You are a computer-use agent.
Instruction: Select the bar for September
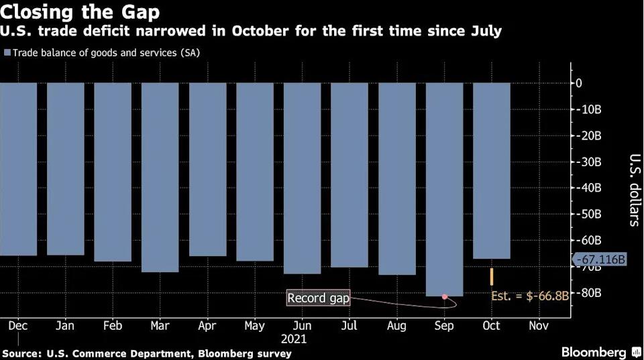coord(445,188)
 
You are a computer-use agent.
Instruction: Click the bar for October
coord(492,170)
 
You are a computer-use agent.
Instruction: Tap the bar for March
coord(160,177)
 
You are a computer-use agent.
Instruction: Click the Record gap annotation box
coord(319,298)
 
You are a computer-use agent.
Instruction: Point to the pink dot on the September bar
coord(445,296)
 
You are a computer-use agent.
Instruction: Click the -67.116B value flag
coord(599,259)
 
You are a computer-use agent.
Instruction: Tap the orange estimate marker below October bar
coord(492,276)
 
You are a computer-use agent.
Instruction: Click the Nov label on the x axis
coord(539,326)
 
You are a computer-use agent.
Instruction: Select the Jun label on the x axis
coord(301,326)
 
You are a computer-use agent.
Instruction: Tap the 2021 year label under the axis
coord(294,339)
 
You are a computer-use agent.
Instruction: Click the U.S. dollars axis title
coord(633,190)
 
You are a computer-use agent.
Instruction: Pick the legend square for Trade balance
coord(7,52)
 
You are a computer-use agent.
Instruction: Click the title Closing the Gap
coord(80,12)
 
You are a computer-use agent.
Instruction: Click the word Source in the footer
coord(21,353)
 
